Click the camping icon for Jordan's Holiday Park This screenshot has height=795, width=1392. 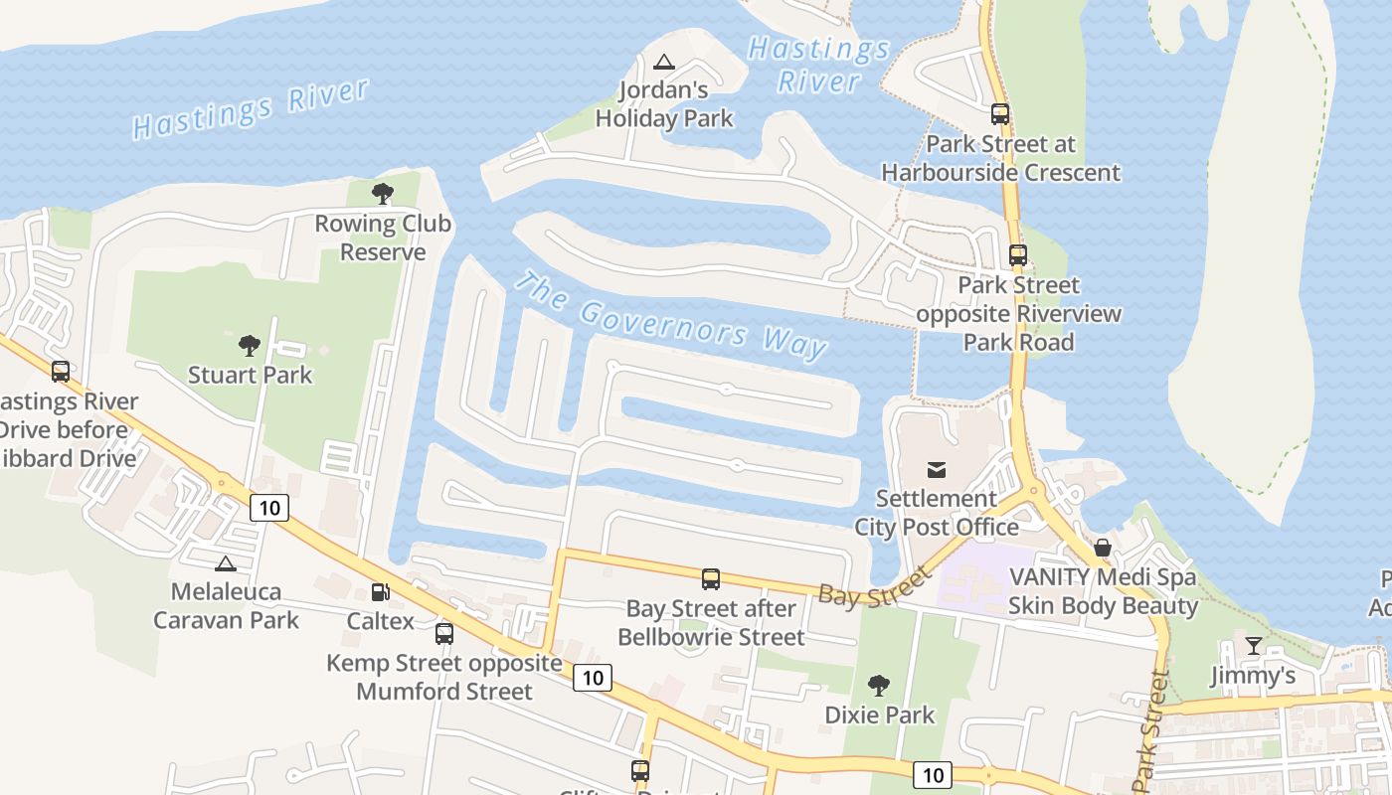pos(664,62)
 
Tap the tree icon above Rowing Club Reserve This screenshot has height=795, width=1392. pos(382,194)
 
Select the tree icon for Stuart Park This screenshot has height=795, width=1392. pos(250,346)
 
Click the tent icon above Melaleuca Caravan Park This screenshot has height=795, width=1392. pos(226,563)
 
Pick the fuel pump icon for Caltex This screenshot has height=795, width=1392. pos(380,592)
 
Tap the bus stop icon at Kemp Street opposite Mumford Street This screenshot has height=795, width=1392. pos(444,633)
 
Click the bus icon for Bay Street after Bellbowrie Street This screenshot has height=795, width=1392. pos(710,579)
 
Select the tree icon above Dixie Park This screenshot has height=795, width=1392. pos(878,685)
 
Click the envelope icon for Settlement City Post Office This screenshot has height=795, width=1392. pos(936,469)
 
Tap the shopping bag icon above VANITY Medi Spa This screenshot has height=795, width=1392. pos(1102,548)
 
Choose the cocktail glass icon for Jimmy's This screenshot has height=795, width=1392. pos(1253,646)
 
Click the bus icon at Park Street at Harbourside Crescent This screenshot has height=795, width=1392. pos(1000,114)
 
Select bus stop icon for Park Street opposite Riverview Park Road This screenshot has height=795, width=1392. pos(1017,255)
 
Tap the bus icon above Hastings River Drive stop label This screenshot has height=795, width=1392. pos(61,372)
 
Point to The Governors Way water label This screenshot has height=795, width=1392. pos(669,316)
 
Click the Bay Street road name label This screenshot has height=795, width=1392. pos(875,586)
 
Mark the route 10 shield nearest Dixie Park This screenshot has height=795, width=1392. pos(931,774)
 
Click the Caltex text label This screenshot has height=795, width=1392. pos(380,621)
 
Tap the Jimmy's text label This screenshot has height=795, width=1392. pos(1253,676)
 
